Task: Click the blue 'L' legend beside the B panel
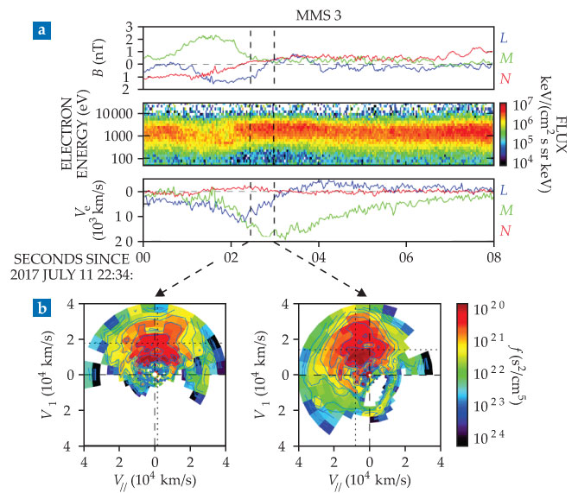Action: (x=505, y=37)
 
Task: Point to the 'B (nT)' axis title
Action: (x=96, y=60)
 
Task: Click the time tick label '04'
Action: (x=320, y=257)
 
